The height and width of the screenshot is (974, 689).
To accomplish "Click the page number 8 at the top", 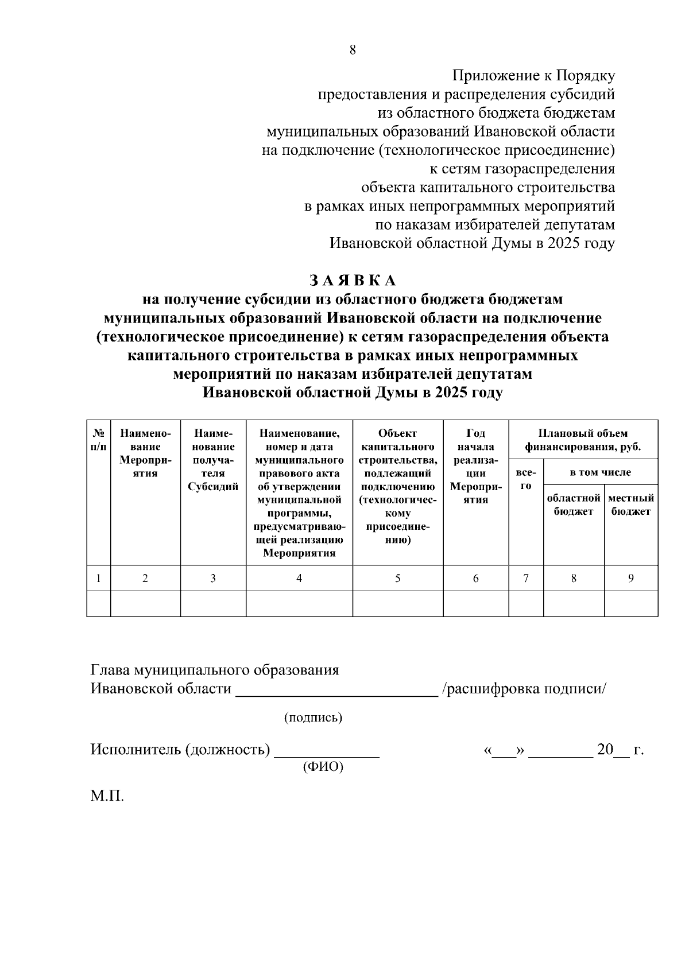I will click(x=353, y=50).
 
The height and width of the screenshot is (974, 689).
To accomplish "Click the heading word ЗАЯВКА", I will click(x=353, y=280).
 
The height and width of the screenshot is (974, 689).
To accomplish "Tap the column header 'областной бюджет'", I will click(x=574, y=505).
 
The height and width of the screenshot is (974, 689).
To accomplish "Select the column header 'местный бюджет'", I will click(x=631, y=505).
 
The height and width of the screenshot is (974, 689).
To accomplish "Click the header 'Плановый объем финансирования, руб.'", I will click(x=583, y=440).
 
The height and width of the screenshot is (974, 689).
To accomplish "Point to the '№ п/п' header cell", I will click(x=99, y=440).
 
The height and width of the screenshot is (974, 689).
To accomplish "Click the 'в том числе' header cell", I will click(x=600, y=472).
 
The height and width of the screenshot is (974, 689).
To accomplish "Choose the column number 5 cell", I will click(x=397, y=579).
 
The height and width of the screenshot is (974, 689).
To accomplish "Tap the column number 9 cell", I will click(x=630, y=579).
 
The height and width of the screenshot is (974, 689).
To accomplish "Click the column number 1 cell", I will click(x=99, y=579).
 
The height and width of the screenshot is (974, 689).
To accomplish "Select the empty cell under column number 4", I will click(x=299, y=604).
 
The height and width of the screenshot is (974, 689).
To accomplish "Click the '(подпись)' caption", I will click(x=313, y=717).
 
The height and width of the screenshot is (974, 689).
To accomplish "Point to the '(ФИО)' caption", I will click(x=323, y=767).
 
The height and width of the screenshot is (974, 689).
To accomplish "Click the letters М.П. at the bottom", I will click(x=107, y=796).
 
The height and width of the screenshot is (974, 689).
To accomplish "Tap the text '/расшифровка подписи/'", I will click(x=523, y=689).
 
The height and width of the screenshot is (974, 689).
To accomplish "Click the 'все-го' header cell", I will click(x=526, y=479).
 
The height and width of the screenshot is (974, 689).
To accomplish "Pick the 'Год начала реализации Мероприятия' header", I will click(x=475, y=466).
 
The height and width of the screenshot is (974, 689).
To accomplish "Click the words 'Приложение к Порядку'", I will click(x=533, y=76).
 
